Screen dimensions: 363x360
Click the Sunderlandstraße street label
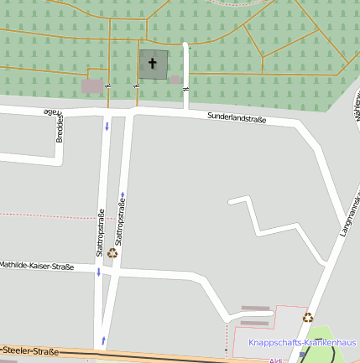click(237, 118)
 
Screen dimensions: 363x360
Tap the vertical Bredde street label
click(60, 127)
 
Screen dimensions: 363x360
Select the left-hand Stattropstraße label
click(101, 232)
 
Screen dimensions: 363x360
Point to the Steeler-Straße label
click(31, 350)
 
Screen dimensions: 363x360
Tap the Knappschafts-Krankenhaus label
click(302, 343)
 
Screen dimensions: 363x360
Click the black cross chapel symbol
click(153, 63)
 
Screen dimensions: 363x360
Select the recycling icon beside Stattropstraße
click(112, 252)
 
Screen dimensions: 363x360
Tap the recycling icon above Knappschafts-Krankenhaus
click(308, 317)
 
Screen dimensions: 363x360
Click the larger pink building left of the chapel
click(92, 86)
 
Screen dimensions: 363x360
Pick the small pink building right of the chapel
click(175, 80)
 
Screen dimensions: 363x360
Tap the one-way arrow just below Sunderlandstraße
click(107, 127)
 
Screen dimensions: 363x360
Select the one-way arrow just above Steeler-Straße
click(102, 339)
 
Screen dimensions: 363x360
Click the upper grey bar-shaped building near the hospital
click(255, 309)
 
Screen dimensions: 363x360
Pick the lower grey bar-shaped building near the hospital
click(255, 321)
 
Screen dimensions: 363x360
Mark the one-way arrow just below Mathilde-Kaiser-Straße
click(99, 272)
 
